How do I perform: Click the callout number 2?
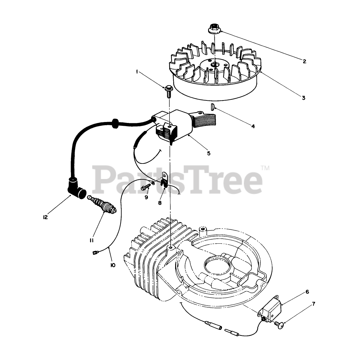(x=304, y=61)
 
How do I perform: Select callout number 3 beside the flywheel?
(x=304, y=98)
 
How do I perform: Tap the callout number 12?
(x=45, y=217)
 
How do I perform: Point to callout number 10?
(x=113, y=265)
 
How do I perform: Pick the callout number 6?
(x=307, y=292)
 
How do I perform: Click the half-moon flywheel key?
(x=213, y=107)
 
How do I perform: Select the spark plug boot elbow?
(x=76, y=188)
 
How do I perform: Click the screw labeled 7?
(x=279, y=324)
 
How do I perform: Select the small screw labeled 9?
(x=145, y=187)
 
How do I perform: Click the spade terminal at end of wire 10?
(x=95, y=253)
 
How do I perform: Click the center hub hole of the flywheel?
(x=215, y=64)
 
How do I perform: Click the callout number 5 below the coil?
(x=208, y=153)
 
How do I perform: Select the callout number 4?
(x=253, y=126)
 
